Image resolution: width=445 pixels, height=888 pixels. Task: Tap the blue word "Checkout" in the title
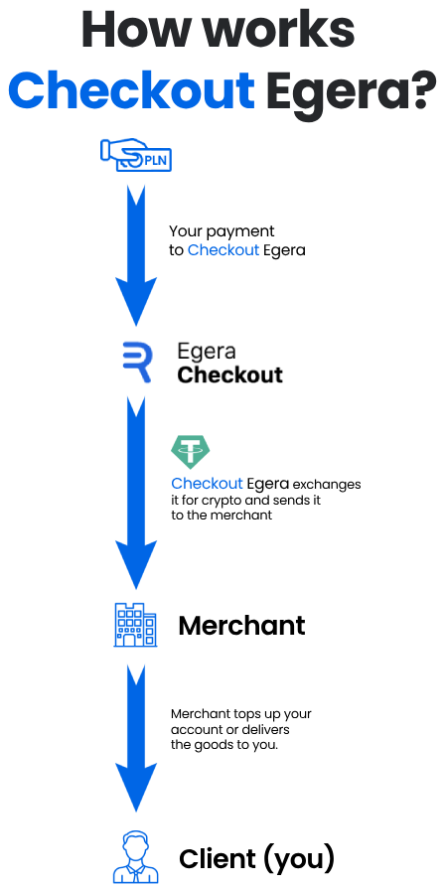[131, 90]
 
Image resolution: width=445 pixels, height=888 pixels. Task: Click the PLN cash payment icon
[136, 154]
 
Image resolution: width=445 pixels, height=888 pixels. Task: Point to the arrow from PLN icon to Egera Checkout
[136, 256]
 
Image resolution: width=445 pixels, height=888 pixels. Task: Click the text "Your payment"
[222, 232]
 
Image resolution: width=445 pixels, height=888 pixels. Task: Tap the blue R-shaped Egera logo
[137, 362]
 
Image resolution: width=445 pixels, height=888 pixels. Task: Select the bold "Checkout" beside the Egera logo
[229, 374]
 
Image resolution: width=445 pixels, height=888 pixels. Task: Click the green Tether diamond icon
[191, 452]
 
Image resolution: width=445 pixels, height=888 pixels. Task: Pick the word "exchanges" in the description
[327, 486]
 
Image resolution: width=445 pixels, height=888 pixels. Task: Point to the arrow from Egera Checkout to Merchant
[136, 493]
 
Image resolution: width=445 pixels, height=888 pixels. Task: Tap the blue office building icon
[135, 625]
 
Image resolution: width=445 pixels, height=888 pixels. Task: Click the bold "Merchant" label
[241, 625]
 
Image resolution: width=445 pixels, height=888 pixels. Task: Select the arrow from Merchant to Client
[136, 738]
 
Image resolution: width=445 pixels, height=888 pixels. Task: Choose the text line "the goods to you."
[224, 745]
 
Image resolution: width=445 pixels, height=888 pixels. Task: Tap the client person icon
[136, 857]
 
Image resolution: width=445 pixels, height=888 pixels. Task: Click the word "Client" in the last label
[218, 858]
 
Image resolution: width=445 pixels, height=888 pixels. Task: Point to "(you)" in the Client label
[299, 860]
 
